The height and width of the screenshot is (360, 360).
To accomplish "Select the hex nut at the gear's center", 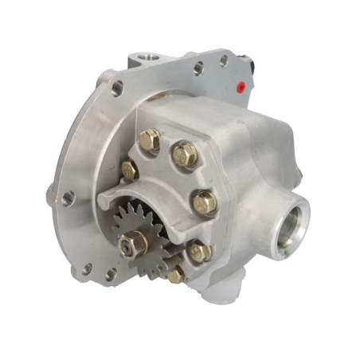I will [129, 245].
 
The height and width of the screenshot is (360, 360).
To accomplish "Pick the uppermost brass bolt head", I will [149, 141].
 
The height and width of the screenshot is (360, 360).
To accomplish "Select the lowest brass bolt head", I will [176, 275].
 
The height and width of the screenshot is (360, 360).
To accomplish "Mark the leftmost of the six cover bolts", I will [129, 168].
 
